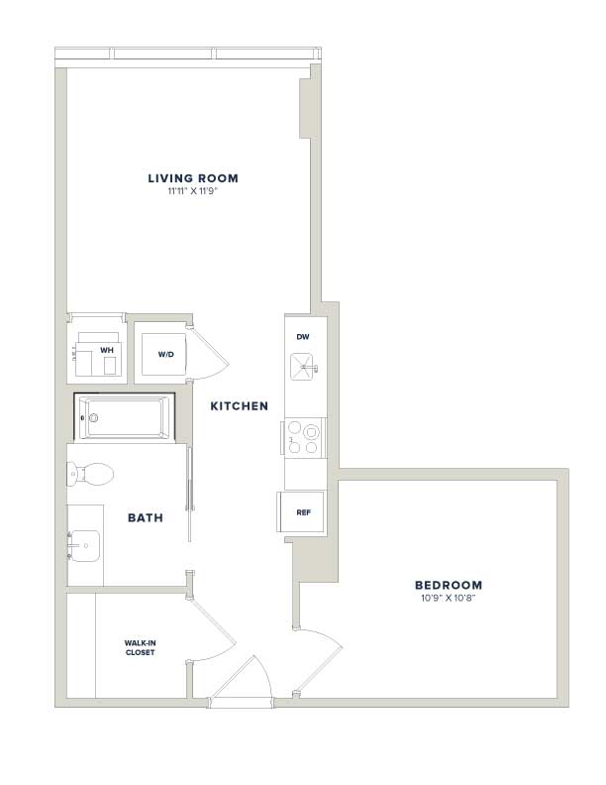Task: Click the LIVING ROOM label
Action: pyautogui.click(x=193, y=178)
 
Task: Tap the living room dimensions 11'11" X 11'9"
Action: pyautogui.click(x=193, y=190)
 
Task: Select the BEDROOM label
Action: pyautogui.click(x=449, y=585)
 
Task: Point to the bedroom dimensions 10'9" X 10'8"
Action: pyautogui.click(x=448, y=598)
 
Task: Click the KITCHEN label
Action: pyautogui.click(x=239, y=406)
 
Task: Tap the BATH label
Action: pyautogui.click(x=146, y=517)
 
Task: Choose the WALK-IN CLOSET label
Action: pyautogui.click(x=140, y=648)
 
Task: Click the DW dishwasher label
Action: pyautogui.click(x=302, y=337)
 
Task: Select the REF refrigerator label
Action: pyautogui.click(x=304, y=512)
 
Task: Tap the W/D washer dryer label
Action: pyautogui.click(x=166, y=355)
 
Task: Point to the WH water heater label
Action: pyautogui.click(x=107, y=351)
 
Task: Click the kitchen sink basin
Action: pyautogui.click(x=302, y=367)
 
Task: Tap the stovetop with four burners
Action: pyautogui.click(x=304, y=437)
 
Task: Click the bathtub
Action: pyautogui.click(x=125, y=417)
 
